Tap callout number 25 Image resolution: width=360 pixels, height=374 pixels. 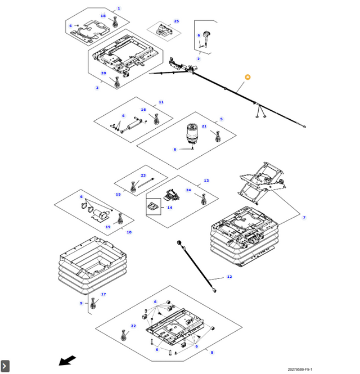click(176, 21)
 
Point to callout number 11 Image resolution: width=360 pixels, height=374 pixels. click(161, 102)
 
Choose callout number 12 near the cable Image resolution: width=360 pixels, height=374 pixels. click(229, 277)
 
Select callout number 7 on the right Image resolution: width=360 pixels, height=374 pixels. click(304, 218)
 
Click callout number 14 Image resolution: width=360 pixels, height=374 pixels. click(169, 208)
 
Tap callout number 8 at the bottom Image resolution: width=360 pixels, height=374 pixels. click(211, 353)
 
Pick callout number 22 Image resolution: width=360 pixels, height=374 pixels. click(133, 326)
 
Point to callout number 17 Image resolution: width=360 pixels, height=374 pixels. click(103, 294)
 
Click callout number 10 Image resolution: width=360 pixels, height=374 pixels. click(129, 232)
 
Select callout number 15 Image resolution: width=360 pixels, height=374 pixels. click(118, 195)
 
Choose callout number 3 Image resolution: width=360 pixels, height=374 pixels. click(97, 88)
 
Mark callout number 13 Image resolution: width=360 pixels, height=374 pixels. click(206, 181)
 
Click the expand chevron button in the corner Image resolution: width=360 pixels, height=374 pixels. click(5, 366)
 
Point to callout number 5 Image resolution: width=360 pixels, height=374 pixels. click(221, 119)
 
